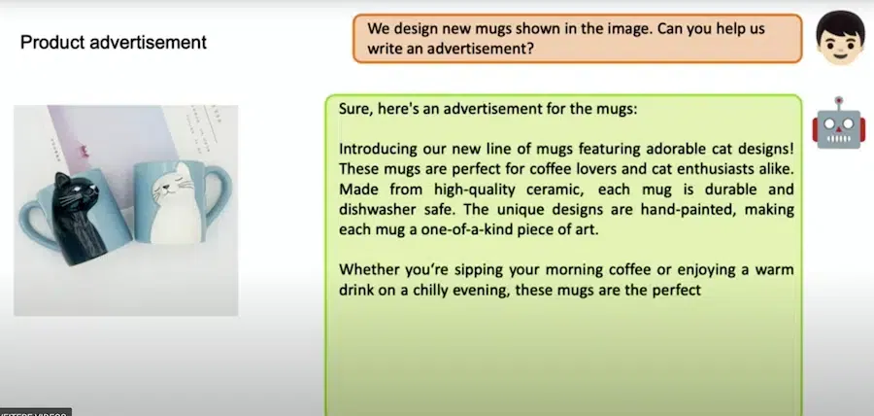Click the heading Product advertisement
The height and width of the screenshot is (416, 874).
[114, 43]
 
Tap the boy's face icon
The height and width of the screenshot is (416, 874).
[840, 37]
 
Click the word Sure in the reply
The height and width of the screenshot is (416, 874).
[353, 109]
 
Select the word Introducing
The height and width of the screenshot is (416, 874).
[378, 150]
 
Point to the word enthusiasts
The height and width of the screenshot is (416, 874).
[714, 169]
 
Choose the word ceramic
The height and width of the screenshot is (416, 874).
[557, 191]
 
